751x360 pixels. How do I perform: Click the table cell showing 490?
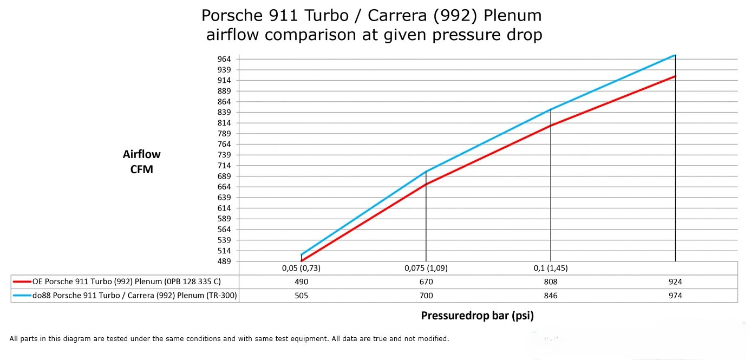(x=302, y=282)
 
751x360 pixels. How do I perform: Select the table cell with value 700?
(x=426, y=296)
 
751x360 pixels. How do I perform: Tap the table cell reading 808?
(x=551, y=282)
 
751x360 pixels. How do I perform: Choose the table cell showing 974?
(x=675, y=296)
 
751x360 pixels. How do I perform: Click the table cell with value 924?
(x=675, y=282)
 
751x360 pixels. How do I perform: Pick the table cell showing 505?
(x=302, y=296)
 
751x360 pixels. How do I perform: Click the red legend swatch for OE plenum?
(x=22, y=282)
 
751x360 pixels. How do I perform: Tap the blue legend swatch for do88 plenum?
(x=22, y=296)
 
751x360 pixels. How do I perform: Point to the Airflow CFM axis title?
(x=142, y=161)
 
